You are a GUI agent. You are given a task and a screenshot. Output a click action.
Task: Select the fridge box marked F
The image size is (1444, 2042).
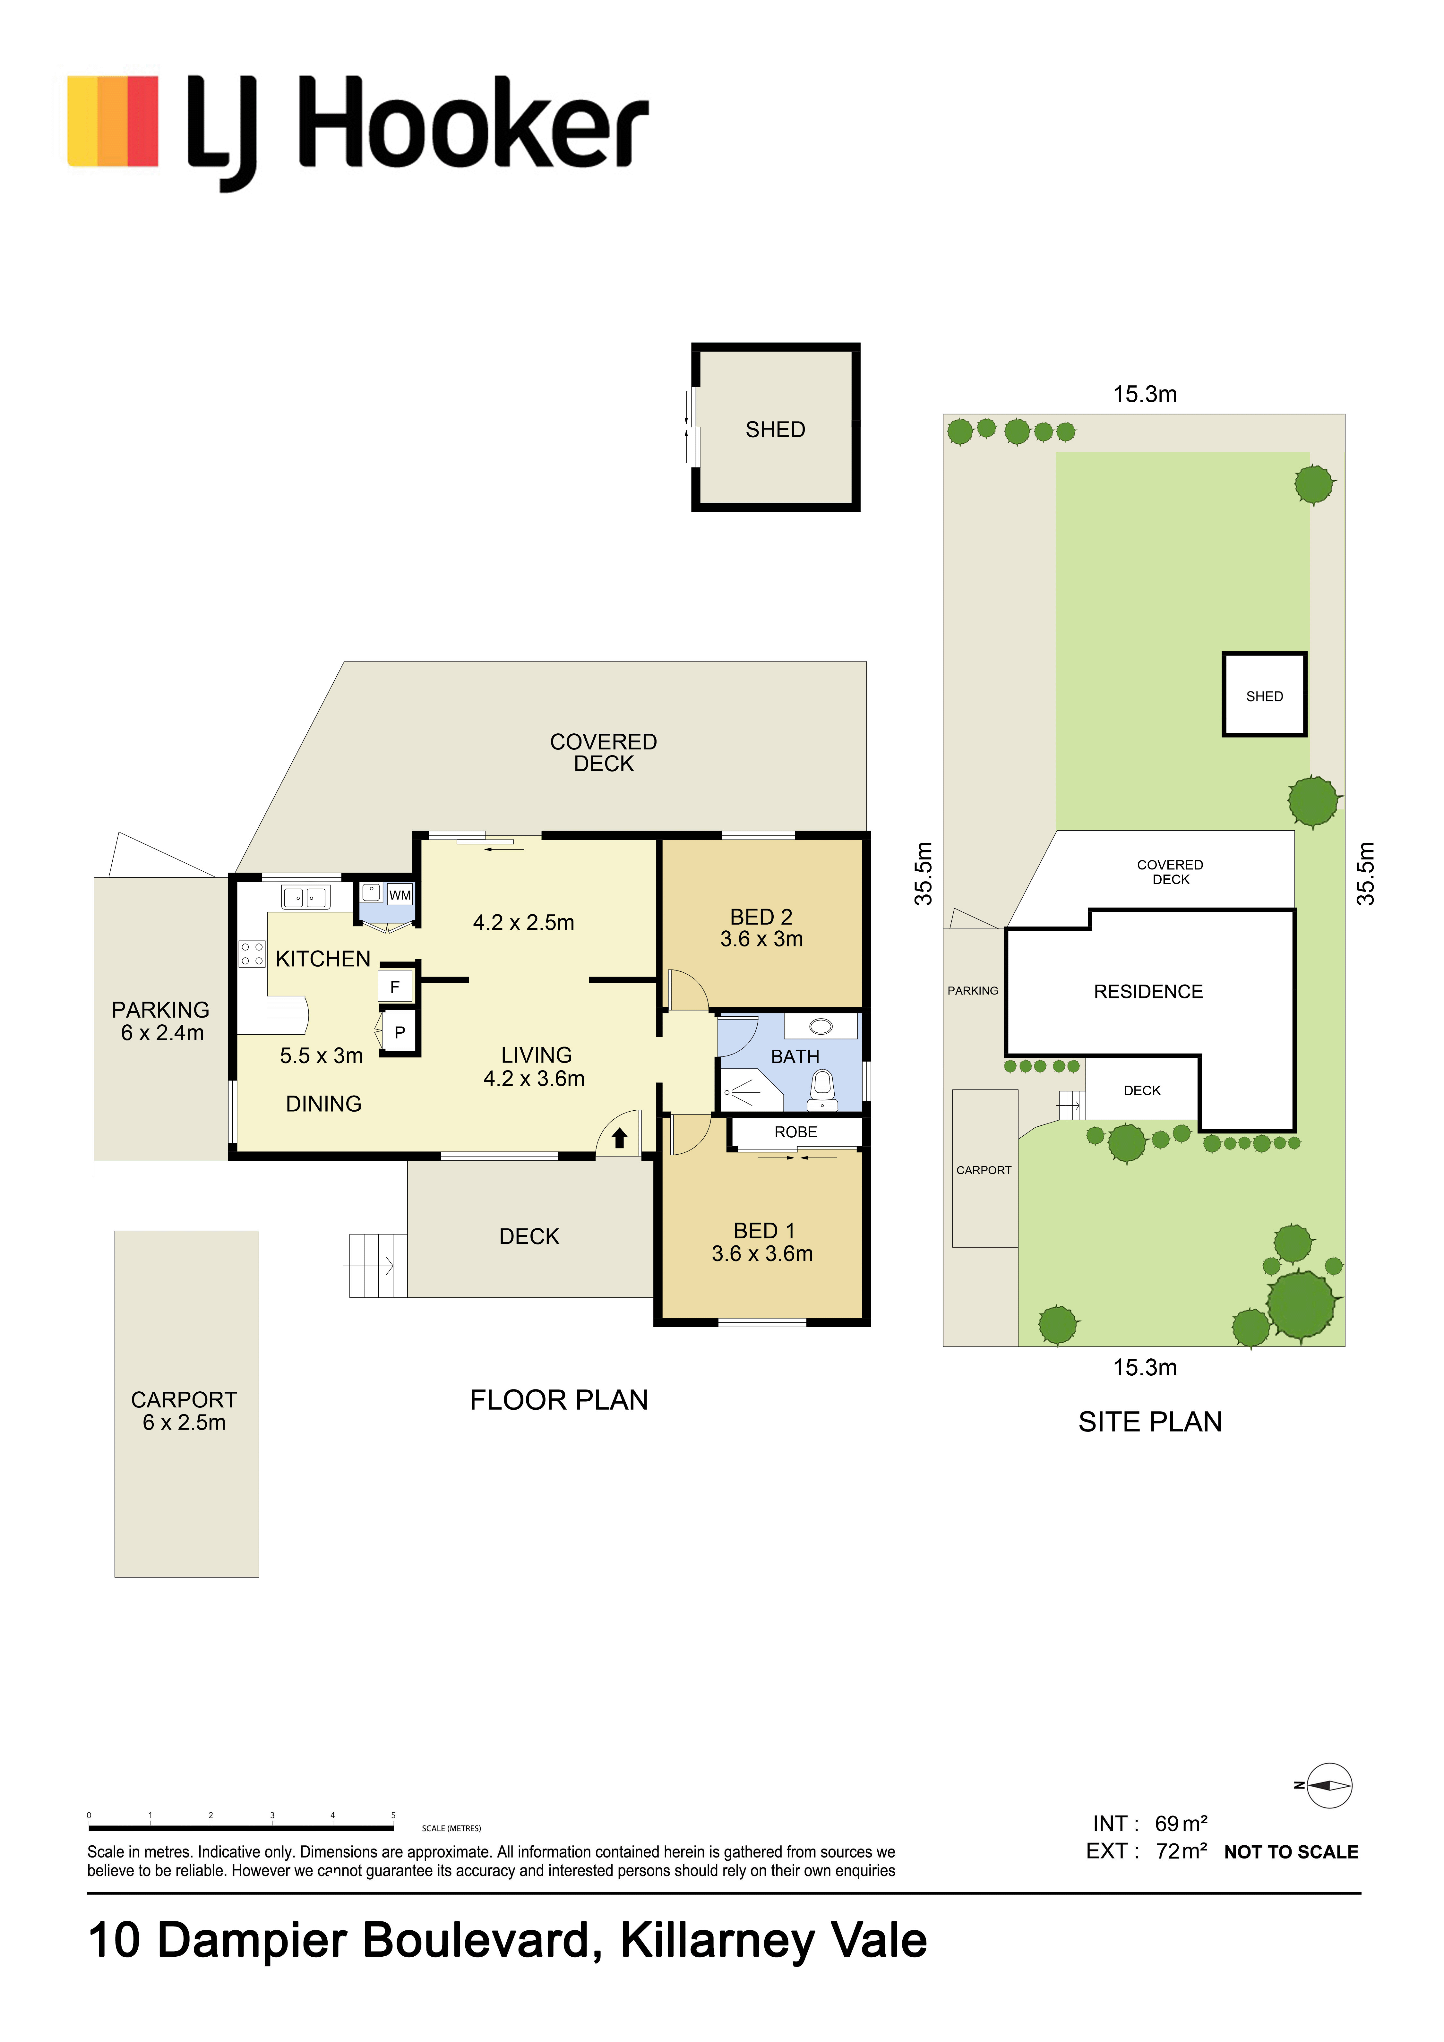395,986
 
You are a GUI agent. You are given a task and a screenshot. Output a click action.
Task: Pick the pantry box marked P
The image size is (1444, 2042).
400,1033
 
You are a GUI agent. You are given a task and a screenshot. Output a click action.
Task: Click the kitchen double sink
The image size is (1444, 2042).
305,897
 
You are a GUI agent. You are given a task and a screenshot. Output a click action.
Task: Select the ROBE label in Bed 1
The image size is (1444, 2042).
795,1132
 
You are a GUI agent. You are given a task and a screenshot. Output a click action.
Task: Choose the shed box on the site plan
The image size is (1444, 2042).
1264,695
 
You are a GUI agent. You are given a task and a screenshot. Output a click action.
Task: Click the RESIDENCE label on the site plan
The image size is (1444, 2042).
1148,992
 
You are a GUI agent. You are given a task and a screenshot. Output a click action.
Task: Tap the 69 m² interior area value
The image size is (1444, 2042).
1181,1824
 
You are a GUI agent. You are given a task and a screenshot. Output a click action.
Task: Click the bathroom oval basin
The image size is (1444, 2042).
820,1027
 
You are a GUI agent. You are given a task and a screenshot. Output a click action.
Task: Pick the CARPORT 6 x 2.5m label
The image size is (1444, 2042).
184,1411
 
